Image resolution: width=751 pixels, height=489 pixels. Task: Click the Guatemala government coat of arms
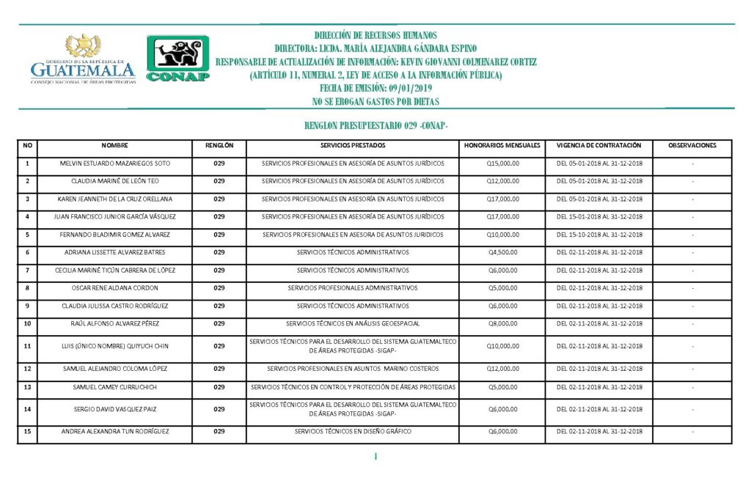coord(84,46)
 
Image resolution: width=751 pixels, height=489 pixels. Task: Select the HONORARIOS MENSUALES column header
coord(502,145)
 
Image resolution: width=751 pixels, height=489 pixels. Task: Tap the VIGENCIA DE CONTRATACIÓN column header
coord(599,145)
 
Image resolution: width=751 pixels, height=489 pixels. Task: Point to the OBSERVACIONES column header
coord(692,145)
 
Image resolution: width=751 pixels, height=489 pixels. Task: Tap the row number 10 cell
coord(27,323)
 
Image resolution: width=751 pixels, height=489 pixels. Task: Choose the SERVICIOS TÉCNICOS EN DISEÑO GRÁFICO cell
coord(353,432)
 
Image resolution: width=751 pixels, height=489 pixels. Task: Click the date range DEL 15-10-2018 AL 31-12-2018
coord(599,235)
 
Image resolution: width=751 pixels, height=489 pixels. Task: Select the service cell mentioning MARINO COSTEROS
coord(353,368)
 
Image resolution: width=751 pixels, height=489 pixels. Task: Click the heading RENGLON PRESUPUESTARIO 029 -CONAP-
coord(375,126)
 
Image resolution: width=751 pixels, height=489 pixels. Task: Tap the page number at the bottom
coord(375,457)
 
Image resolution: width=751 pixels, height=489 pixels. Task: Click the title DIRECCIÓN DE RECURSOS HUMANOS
coord(375,35)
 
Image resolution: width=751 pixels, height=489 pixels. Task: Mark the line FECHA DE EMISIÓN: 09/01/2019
coord(375,88)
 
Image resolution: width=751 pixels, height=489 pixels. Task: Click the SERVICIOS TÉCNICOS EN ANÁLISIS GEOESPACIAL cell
coord(353,323)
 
